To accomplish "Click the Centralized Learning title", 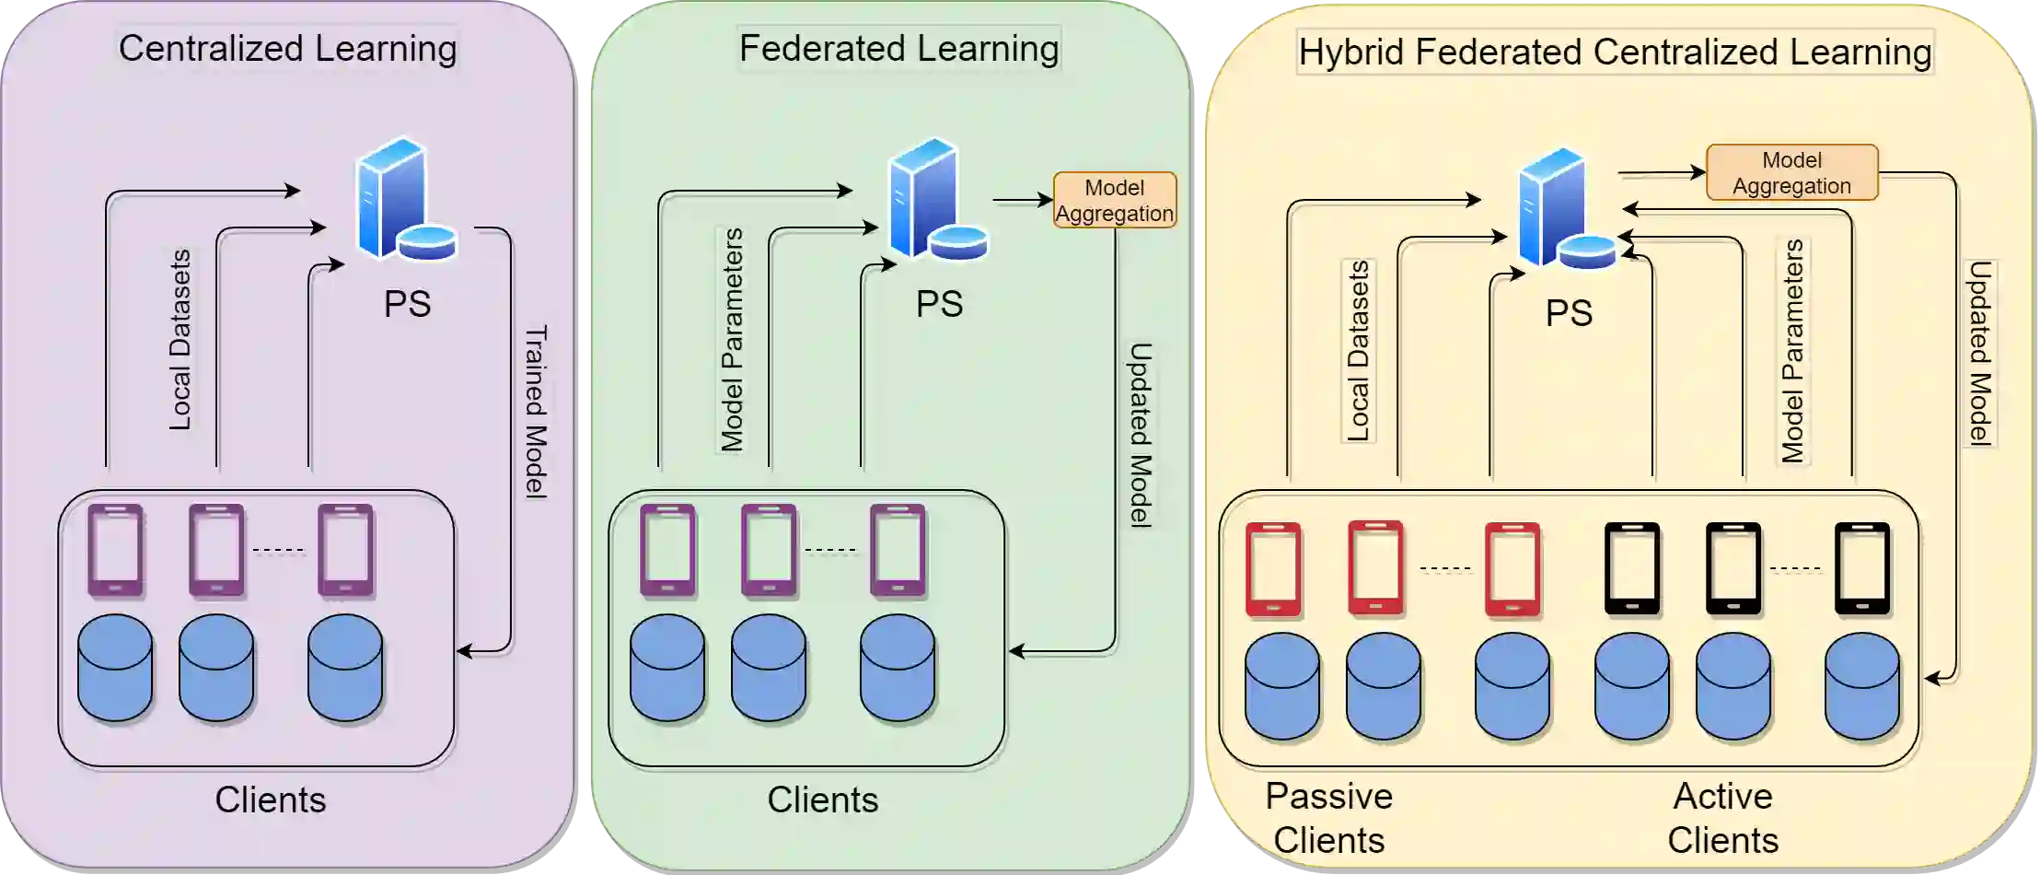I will (x=287, y=49).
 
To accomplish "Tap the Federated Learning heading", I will (x=898, y=49).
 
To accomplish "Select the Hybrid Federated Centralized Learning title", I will (x=1615, y=52).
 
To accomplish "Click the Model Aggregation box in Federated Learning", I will (x=1114, y=200).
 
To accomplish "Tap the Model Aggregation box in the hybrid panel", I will (x=1791, y=173).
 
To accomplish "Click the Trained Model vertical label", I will (x=536, y=411).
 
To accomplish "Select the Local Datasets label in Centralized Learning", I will (x=180, y=339).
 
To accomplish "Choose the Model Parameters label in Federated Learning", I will (x=732, y=341).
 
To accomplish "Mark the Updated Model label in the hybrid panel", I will (x=1980, y=353).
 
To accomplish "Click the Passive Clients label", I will (x=1328, y=818).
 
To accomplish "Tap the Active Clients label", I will (x=1722, y=818).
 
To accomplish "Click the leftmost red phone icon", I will (x=1273, y=569).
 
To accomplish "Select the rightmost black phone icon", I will (x=1861, y=568).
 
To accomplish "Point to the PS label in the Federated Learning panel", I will (x=939, y=304).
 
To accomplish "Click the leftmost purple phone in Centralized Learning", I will (x=116, y=550).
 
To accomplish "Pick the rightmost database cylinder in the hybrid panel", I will (x=1861, y=686).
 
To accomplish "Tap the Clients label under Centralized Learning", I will (x=271, y=799).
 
